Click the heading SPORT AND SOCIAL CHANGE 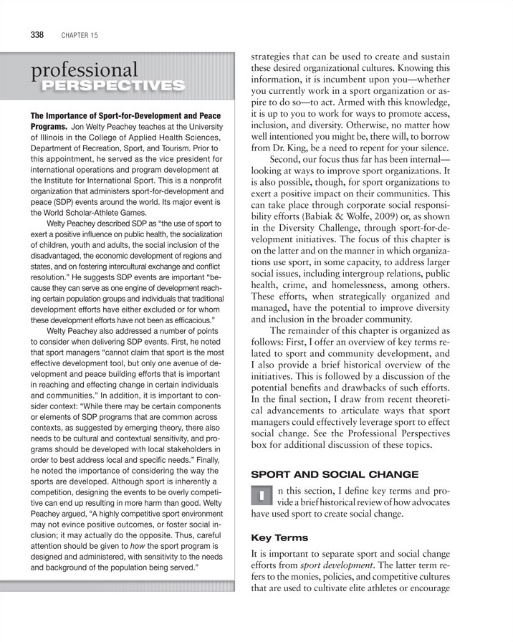point(323,474)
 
